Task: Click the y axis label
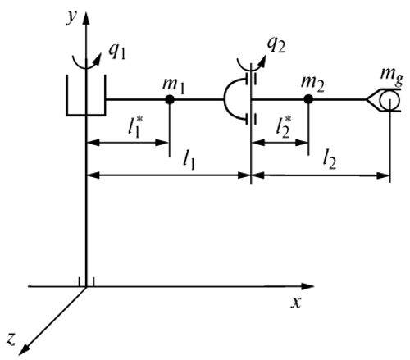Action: point(71,17)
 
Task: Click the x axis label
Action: point(296,303)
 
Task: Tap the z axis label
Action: point(11,339)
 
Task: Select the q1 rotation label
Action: point(117,51)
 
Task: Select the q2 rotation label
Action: point(276,44)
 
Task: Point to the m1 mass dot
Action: point(170,99)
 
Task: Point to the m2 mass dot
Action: point(308,99)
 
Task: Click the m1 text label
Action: point(173,85)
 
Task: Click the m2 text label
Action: point(312,83)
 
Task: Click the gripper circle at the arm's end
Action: point(389,100)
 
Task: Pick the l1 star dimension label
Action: point(135,126)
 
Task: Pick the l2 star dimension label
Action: point(283,126)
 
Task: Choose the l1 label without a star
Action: point(189,161)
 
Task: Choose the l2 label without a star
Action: point(329,160)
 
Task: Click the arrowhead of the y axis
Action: point(86,19)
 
